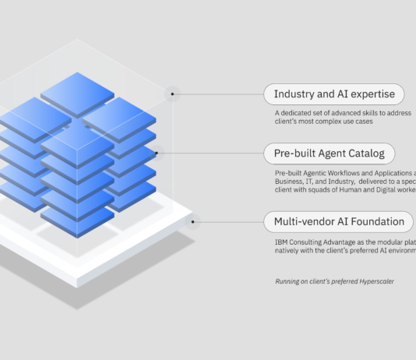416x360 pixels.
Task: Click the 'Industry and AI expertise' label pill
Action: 334,95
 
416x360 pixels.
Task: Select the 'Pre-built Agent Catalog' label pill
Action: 329,153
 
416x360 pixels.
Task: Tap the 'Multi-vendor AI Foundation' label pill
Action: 339,221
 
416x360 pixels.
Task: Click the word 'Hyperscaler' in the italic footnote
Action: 373,281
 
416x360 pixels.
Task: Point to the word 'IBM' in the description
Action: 280,242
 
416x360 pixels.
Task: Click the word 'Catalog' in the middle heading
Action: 366,153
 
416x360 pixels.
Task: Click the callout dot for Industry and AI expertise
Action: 173,95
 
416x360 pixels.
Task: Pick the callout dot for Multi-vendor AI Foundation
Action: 191,221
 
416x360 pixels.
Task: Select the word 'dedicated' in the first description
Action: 300,113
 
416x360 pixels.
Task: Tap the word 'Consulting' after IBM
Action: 305,242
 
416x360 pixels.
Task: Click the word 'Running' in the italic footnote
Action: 286,281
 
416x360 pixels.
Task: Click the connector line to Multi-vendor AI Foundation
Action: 230,221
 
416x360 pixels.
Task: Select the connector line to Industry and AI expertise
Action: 222,95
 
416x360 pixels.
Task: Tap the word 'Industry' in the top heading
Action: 293,95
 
